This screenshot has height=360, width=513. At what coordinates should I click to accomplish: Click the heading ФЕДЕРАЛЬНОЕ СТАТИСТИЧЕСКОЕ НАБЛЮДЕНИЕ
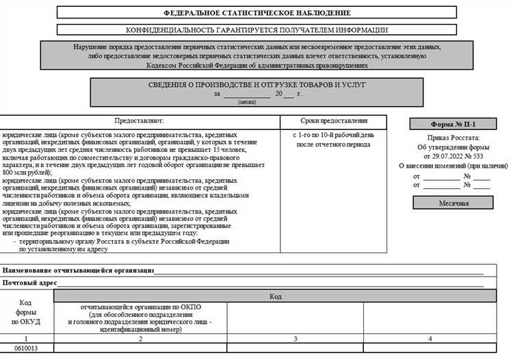pos(257,13)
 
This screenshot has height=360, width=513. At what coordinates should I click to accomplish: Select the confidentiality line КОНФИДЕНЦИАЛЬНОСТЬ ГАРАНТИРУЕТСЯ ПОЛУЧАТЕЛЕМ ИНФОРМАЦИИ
pos(257,30)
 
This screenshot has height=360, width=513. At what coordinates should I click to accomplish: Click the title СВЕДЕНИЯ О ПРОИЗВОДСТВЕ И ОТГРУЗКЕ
pos(257,84)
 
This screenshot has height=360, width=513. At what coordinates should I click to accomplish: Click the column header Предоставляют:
pos(140,120)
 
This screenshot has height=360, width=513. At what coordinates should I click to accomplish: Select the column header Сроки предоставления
pos(334,120)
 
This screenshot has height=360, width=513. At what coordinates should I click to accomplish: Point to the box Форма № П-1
pos(453,125)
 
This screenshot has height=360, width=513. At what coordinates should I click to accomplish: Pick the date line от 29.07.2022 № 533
pos(453,156)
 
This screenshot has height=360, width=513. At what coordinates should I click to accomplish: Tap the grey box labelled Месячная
pos(453,203)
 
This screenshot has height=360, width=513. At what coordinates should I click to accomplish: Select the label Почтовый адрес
pos(29,283)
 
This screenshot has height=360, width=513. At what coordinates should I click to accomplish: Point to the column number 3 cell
pos(295,338)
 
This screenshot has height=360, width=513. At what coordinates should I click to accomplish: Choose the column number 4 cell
pos(430,338)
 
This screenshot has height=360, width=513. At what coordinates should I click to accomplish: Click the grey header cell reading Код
pos(275,296)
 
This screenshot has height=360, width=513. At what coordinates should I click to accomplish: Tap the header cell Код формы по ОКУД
pos(26,312)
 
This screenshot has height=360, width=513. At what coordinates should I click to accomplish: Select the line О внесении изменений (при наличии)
pos(453,166)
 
